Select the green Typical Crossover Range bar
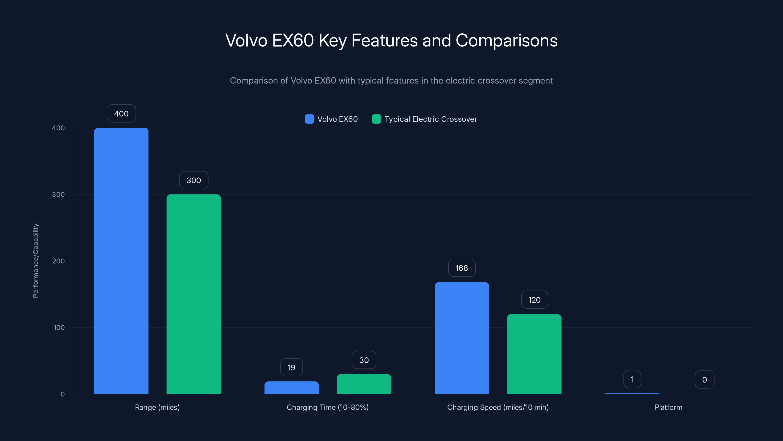[x=193, y=294]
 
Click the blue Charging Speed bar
[x=462, y=338]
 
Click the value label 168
[x=461, y=268]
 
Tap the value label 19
[x=291, y=367]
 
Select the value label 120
[x=534, y=300]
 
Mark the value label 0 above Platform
[x=704, y=380]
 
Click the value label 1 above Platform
[x=632, y=379]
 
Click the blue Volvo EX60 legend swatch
[x=309, y=119]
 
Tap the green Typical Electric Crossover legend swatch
[x=376, y=119]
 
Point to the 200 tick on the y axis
[x=58, y=261]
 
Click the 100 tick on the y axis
[x=59, y=328]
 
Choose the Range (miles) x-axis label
[x=157, y=407]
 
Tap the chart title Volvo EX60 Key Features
[x=391, y=40]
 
